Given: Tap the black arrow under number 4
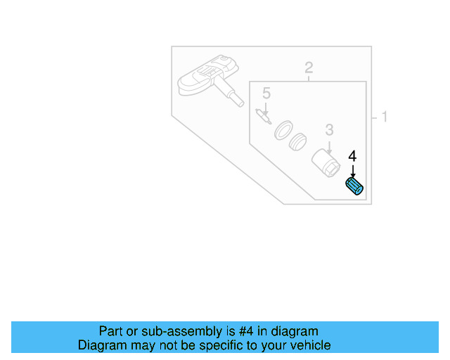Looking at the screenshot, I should pyautogui.click(x=353, y=170).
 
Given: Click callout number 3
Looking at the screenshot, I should pyautogui.click(x=328, y=129).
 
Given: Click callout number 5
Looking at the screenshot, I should pyautogui.click(x=266, y=93).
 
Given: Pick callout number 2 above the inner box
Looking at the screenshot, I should pyautogui.click(x=308, y=68).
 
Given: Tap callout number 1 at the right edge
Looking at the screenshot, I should pyautogui.click(x=384, y=117).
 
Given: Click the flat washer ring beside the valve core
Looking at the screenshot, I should pyautogui.click(x=283, y=130).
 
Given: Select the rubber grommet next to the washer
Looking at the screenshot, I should pyautogui.click(x=300, y=141).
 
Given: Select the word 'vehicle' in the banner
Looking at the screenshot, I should pyautogui.click(x=310, y=345).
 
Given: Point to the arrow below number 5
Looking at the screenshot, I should pyautogui.click(x=266, y=107).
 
